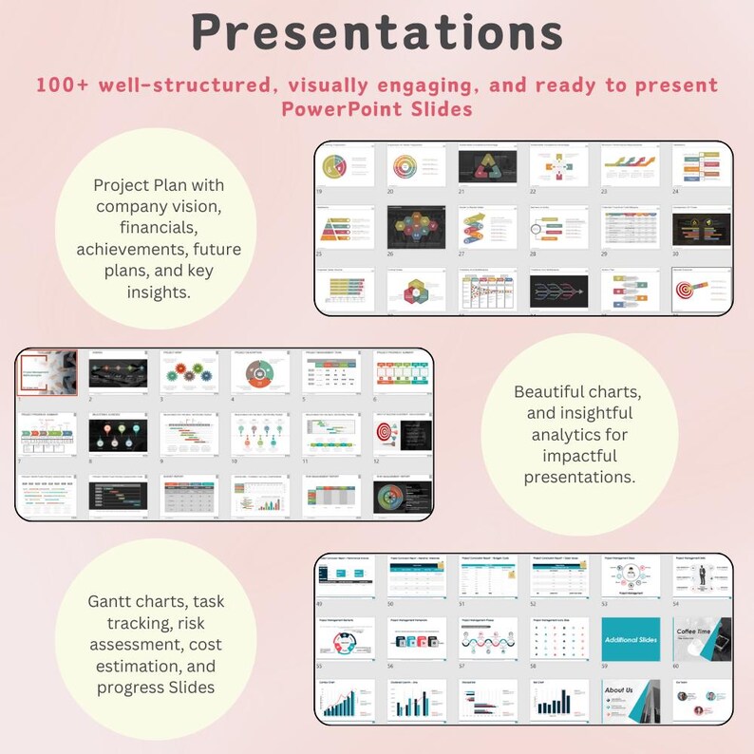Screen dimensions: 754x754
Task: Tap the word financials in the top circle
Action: click(160, 227)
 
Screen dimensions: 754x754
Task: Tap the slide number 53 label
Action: click(605, 602)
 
